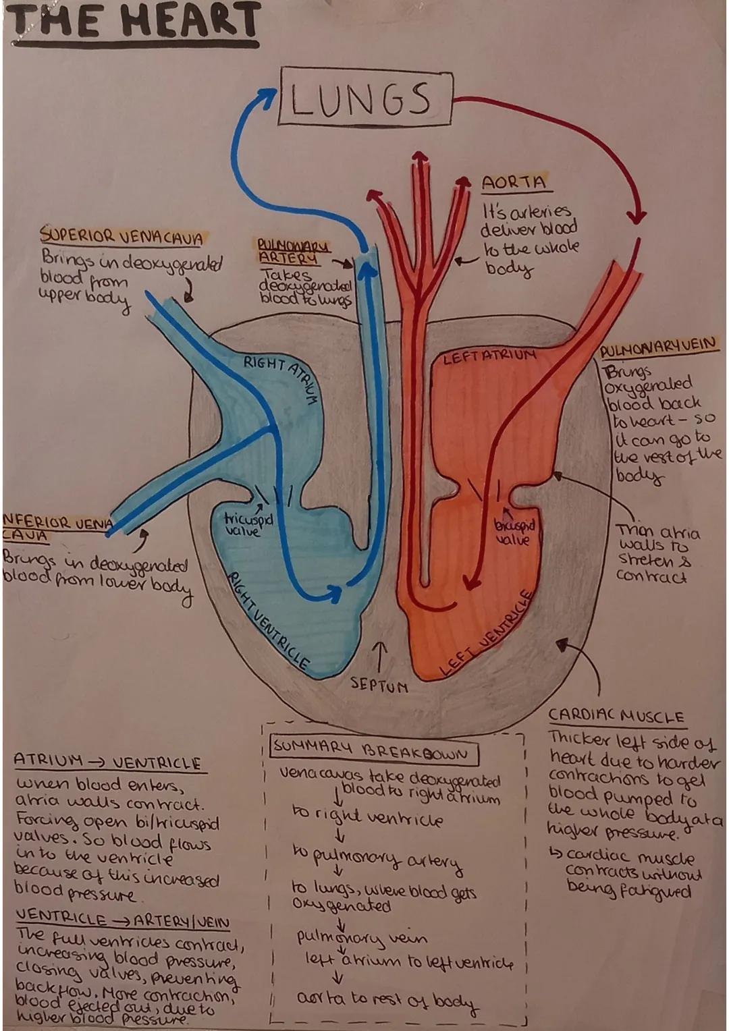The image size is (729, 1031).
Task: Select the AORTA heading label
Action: click(x=514, y=182)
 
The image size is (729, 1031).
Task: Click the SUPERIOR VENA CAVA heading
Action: click(x=122, y=238)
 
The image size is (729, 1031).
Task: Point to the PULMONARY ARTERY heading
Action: click(x=293, y=251)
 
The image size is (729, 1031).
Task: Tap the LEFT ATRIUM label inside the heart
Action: click(x=489, y=356)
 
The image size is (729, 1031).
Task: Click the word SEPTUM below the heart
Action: click(x=379, y=686)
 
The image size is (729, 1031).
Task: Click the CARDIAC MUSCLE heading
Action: click(x=616, y=717)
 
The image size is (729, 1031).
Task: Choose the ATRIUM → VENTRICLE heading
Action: click(x=108, y=762)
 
